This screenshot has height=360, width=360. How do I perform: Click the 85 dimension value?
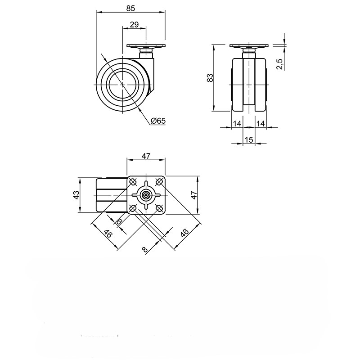click(130, 8)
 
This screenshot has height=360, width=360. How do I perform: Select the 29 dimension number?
click(134, 24)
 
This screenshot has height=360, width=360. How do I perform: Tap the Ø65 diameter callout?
click(158, 121)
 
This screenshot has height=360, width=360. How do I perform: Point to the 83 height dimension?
click(210, 77)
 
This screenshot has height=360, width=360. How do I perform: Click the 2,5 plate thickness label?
click(280, 64)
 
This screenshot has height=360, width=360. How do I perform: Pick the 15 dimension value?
click(249, 139)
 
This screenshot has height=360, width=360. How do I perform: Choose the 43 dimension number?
click(76, 195)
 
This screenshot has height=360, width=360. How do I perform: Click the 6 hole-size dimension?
click(119, 222)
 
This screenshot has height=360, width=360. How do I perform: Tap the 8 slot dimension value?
click(144, 249)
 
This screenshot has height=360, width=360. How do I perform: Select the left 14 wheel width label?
click(237, 123)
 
